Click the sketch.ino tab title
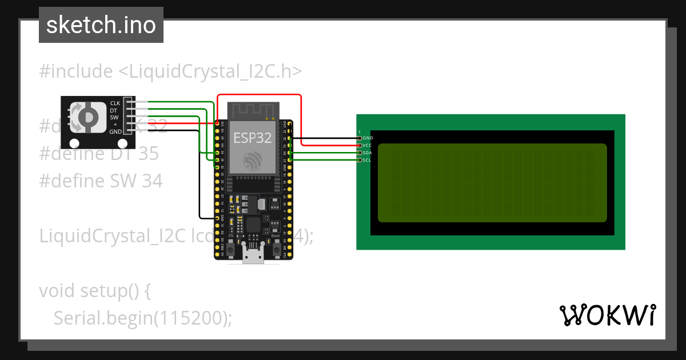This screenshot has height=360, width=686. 101,25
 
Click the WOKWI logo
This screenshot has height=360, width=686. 607,315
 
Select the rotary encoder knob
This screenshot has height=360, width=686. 87,117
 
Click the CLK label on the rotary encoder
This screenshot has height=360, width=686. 115,103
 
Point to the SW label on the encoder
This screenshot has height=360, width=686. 114,117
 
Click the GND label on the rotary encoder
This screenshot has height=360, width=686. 115,131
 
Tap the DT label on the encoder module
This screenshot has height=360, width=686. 114,110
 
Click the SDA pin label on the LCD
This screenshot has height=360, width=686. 368,153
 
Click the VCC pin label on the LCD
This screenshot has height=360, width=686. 368,146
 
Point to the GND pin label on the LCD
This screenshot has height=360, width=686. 368,138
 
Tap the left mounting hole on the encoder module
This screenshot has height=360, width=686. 74,143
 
